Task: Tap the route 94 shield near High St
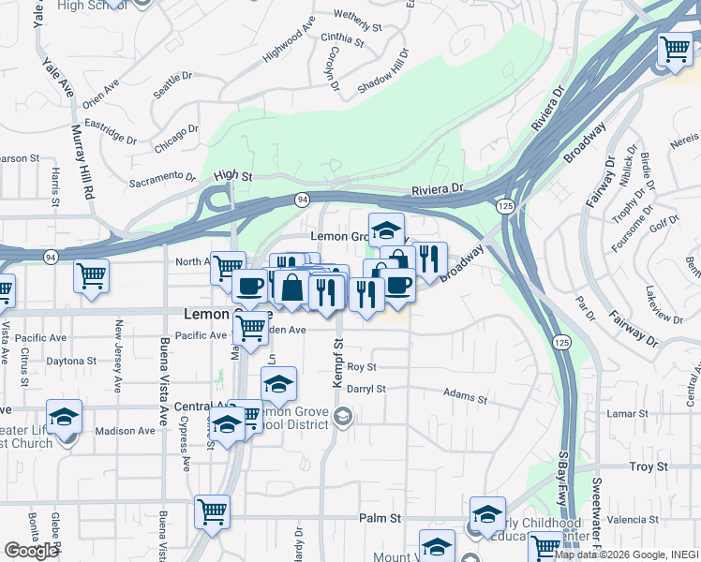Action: click(x=301, y=200)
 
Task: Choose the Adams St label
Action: click(x=466, y=398)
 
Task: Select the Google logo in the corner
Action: click(x=31, y=551)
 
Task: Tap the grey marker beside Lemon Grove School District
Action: click(x=343, y=417)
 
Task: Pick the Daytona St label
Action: click(x=71, y=361)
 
